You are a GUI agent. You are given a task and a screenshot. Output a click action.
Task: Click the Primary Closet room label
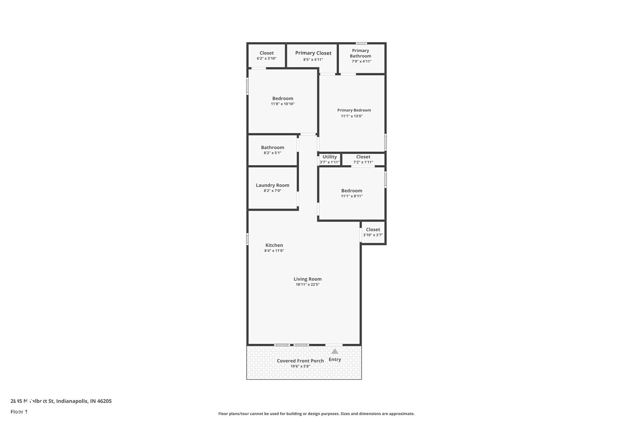[x=313, y=53]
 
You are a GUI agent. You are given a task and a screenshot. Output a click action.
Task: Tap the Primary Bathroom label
[x=360, y=53]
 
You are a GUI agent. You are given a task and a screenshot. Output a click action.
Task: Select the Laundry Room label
[x=272, y=185]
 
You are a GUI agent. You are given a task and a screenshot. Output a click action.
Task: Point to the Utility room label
[x=330, y=157]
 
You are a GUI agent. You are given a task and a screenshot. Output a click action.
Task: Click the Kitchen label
[x=274, y=245]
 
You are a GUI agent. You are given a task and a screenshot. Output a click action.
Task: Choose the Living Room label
[x=308, y=279]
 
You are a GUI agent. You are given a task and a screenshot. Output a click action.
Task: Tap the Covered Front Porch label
[x=300, y=361]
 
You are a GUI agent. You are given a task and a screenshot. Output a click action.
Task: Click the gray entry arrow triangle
[x=335, y=351]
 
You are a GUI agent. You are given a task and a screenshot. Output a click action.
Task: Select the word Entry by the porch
[x=335, y=359]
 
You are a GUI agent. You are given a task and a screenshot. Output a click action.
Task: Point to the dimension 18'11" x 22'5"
[x=308, y=285]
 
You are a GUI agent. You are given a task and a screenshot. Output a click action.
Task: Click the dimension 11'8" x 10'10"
[x=283, y=104]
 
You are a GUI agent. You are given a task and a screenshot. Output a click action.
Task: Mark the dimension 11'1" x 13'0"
[x=352, y=116]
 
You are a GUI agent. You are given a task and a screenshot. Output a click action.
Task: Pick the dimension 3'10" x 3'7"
[x=373, y=235]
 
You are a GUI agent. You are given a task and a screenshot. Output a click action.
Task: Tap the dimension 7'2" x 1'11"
[x=363, y=162]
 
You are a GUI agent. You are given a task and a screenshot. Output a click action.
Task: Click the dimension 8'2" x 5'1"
[x=272, y=153]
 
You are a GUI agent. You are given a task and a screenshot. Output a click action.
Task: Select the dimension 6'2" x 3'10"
[x=266, y=58]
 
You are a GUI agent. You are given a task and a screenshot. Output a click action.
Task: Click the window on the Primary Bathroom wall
[x=361, y=43]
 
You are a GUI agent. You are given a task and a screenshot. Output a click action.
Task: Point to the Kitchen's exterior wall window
[x=247, y=239]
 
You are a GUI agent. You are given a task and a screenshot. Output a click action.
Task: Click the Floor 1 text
[x=19, y=411]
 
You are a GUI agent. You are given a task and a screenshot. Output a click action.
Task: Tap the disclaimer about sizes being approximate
[x=316, y=414]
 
